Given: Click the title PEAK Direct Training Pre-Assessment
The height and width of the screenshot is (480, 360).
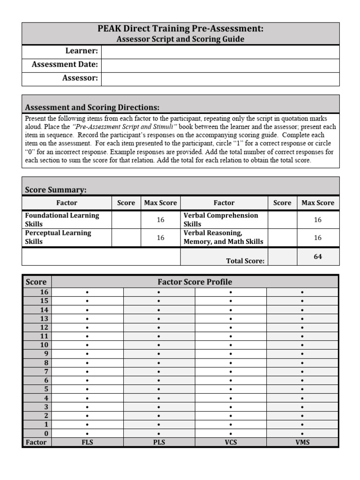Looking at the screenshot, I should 180,29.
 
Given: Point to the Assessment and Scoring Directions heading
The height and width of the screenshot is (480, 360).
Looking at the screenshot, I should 92,107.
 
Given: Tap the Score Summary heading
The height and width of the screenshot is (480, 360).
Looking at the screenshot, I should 55,189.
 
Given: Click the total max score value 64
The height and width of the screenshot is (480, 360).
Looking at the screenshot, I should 318,256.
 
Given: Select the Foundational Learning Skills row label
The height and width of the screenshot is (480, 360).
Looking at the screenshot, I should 62,219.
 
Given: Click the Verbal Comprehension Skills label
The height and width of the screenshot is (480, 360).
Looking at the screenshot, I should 221,219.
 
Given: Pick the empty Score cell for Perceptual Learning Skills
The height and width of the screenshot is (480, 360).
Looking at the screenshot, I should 126,237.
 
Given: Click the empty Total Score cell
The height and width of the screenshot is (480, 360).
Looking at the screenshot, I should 282,256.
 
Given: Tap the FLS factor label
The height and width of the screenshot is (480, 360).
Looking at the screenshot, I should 87,442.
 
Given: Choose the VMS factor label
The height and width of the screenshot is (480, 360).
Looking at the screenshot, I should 302,442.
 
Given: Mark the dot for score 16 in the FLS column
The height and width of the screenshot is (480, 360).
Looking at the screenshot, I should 87,292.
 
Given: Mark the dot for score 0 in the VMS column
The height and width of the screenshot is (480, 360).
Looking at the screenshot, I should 302,434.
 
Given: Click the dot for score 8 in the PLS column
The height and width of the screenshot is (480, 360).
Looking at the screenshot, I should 159,363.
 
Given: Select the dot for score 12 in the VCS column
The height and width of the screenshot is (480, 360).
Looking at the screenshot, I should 231,328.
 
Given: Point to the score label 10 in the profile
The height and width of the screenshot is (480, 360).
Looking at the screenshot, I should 44,345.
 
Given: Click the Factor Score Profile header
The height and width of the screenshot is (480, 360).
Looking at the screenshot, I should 195,282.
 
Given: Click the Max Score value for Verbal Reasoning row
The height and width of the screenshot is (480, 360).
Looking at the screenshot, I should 318,237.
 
